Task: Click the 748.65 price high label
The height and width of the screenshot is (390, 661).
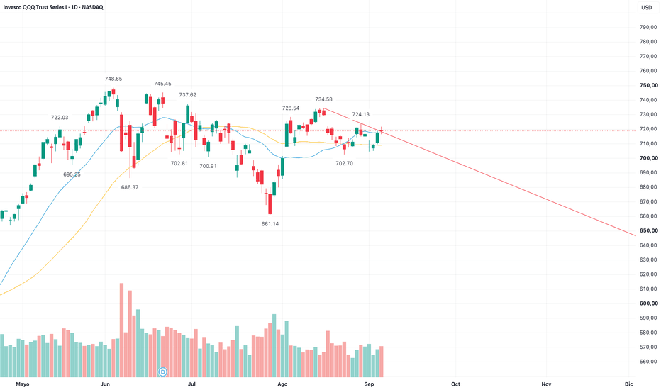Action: coord(113,79)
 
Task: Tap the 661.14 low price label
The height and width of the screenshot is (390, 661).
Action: coord(270,224)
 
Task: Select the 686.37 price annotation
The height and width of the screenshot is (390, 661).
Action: coord(130,187)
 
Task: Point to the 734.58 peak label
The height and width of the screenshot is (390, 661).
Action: coord(323,99)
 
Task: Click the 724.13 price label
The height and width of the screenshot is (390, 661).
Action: coord(361,114)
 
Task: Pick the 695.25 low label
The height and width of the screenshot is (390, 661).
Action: coord(72,174)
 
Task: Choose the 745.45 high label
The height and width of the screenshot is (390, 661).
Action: coord(162,84)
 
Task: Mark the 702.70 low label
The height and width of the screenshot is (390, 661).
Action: coord(345,163)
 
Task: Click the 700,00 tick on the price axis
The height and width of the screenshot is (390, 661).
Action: coord(649,158)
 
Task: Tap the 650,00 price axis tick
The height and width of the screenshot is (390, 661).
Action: coord(649,230)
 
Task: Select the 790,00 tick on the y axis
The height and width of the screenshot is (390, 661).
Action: coord(648,27)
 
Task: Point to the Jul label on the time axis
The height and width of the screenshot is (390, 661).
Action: coord(191,384)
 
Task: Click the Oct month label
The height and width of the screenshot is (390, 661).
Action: coord(456,384)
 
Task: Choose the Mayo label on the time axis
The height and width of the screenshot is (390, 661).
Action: coord(23,384)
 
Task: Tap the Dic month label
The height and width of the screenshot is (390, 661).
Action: coord(629,384)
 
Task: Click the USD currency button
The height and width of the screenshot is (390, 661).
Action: coord(647,7)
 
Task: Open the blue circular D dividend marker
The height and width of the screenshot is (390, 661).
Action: coord(162,372)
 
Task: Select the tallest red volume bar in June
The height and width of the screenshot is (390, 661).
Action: coord(122,330)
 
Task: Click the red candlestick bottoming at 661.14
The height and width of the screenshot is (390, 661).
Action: coord(270,204)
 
